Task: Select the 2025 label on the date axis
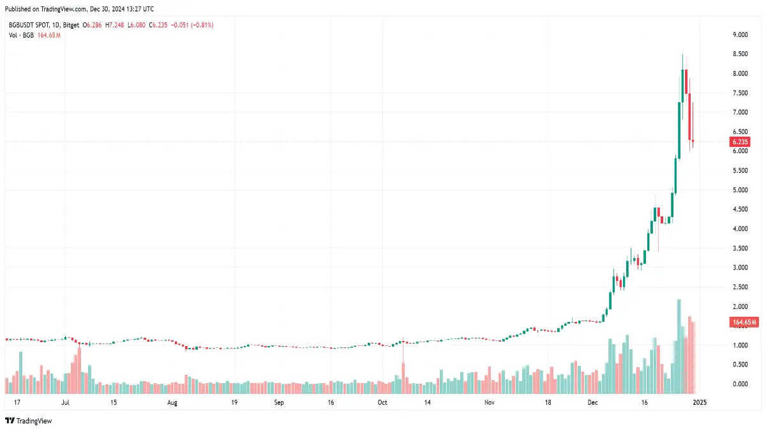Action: coord(699,403)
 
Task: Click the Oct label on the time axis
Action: coord(382,403)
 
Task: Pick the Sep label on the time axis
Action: coord(278,403)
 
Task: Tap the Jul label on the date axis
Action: coord(66,403)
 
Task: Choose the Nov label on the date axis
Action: coord(490,403)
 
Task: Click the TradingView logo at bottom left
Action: coord(29,421)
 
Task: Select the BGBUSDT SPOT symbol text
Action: coord(29,25)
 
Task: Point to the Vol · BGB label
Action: coord(22,34)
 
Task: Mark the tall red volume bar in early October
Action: coord(403,377)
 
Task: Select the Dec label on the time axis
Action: coord(593,403)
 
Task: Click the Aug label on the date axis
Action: coord(172,403)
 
